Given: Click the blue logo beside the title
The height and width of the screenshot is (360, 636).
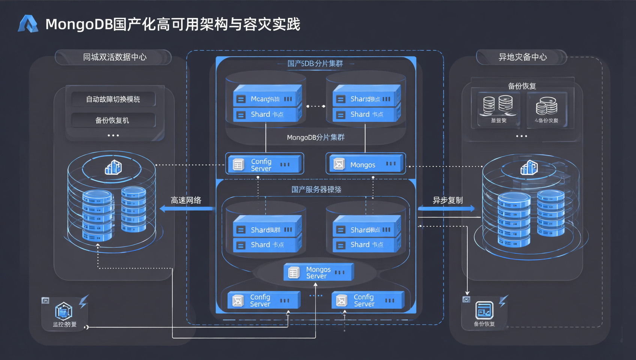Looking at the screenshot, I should click(x=28, y=24).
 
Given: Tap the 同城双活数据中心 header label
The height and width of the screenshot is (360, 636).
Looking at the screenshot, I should click(x=114, y=57).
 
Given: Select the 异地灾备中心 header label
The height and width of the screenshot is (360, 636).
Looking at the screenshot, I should click(x=522, y=57).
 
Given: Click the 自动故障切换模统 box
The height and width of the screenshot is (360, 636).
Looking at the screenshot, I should click(x=113, y=99).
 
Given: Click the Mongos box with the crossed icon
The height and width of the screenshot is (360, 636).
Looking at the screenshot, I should click(x=366, y=164).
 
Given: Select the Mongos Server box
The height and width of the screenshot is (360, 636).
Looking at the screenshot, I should click(x=318, y=273).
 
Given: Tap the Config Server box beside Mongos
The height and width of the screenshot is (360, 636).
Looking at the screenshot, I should click(x=265, y=164).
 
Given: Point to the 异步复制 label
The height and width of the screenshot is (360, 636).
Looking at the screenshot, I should click(x=447, y=200).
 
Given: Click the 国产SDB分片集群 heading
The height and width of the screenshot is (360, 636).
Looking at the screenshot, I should click(x=315, y=63).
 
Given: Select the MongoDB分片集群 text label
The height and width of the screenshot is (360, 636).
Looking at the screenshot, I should click(x=315, y=137).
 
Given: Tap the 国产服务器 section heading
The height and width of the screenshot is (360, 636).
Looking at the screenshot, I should click(x=316, y=189).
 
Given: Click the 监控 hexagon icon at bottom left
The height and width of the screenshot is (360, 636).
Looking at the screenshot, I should click(x=63, y=311).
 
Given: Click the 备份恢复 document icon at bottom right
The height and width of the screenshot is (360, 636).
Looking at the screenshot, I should click(x=484, y=310).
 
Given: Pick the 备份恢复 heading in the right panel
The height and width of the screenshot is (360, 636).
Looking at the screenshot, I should click(x=522, y=86).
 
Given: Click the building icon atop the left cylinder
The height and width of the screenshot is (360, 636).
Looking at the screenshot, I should click(x=113, y=167).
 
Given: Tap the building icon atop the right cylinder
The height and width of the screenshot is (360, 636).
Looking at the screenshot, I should click(x=529, y=168).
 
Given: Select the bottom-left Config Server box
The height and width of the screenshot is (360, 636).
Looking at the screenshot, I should click(x=264, y=300).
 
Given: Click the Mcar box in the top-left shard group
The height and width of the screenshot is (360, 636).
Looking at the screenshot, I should click(x=267, y=99).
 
